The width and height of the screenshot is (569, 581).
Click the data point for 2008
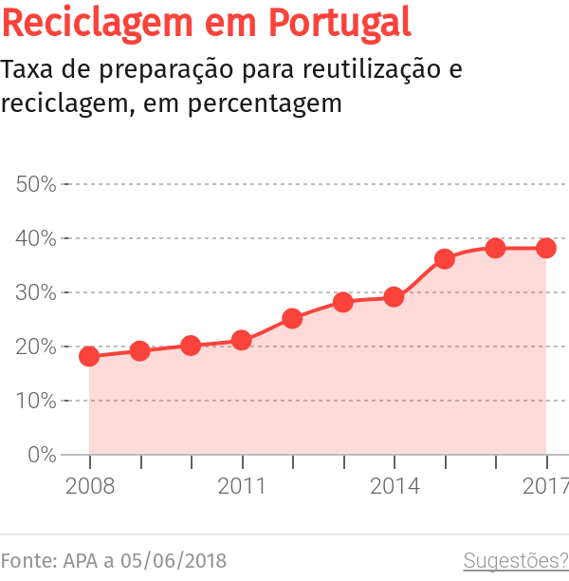click(89, 357)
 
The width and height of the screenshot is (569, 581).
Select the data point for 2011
click(242, 340)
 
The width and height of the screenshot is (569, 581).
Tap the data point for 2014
click(394, 297)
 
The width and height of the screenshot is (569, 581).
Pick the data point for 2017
click(546, 248)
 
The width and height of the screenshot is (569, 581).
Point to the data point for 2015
click(445, 258)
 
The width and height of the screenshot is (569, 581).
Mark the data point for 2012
click(292, 318)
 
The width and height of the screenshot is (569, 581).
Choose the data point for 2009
click(140, 351)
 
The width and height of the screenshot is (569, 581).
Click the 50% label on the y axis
click(36, 184)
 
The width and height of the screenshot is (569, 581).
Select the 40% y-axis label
click(36, 238)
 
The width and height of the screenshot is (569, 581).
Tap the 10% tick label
click(36, 401)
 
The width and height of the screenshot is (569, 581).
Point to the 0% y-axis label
click(41, 455)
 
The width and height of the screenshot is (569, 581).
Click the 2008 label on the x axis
click(89, 487)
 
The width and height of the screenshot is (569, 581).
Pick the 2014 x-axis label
click(394, 487)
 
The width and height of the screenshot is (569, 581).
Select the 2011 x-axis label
click(242, 487)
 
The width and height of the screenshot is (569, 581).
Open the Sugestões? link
click(515, 560)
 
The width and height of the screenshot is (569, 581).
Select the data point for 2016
click(495, 248)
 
